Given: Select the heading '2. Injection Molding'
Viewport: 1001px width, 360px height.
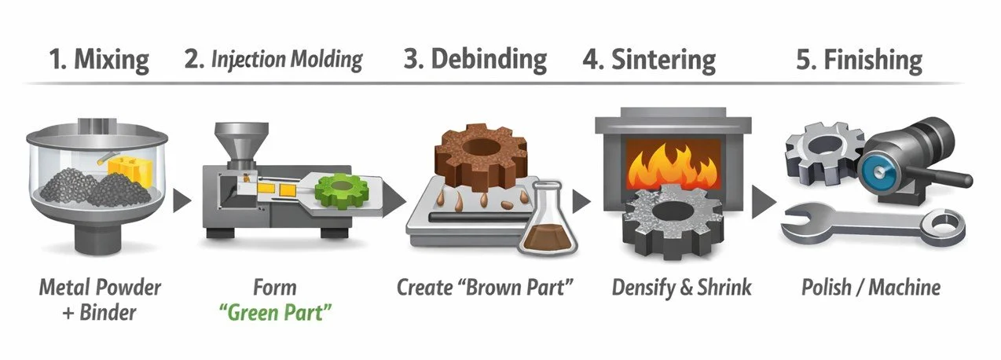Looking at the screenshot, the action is pyautogui.click(x=273, y=60).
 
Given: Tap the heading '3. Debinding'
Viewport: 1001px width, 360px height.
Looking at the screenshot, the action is pyautogui.click(x=475, y=60).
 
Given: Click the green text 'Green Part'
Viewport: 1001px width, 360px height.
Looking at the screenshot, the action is pyautogui.click(x=274, y=311).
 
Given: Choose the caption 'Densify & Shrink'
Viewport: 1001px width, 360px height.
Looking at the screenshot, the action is pyautogui.click(x=682, y=288).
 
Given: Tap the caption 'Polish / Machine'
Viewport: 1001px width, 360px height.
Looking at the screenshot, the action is pyautogui.click(x=871, y=288).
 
